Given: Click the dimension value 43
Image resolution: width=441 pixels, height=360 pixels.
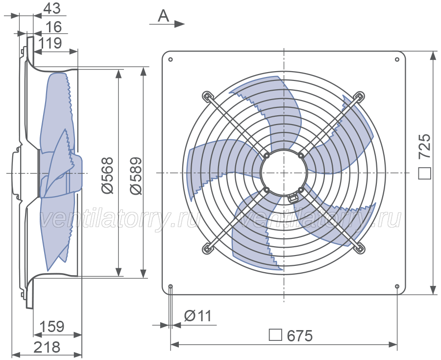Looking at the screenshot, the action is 52,8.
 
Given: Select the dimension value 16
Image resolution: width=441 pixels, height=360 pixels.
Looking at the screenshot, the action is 53,27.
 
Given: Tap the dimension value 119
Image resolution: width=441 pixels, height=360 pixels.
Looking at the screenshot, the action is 50,43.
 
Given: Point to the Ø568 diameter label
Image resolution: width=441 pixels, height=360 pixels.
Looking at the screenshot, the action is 107,176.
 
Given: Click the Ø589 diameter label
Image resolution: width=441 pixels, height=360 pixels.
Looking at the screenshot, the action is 136,176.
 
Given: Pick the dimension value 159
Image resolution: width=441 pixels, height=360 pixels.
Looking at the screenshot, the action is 52,327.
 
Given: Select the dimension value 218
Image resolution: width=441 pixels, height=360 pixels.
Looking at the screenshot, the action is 47,347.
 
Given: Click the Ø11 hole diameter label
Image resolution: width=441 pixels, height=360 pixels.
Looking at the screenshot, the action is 197,316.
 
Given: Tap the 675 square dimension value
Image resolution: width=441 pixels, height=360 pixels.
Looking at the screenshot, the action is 300,335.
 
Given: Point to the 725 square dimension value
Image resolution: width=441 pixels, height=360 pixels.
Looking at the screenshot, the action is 424,146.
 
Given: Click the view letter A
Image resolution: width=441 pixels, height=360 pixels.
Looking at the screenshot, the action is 163,16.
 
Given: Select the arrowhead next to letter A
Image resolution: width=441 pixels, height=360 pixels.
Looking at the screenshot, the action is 179,24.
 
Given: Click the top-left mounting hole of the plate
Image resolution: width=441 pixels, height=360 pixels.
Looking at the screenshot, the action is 170,59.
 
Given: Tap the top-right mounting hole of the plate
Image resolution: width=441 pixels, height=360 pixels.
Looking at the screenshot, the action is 397,59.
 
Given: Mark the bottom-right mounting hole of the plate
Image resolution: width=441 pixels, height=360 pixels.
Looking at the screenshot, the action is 397,286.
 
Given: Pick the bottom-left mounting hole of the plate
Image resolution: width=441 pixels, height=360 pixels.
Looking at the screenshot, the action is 171,286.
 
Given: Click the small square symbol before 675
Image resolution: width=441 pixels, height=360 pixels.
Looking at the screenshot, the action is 275,334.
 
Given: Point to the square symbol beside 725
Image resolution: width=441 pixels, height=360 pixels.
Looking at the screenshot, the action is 424,173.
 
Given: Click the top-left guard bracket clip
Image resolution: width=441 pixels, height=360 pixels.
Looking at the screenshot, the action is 207,96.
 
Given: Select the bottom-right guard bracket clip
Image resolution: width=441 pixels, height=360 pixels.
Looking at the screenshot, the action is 360,249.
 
